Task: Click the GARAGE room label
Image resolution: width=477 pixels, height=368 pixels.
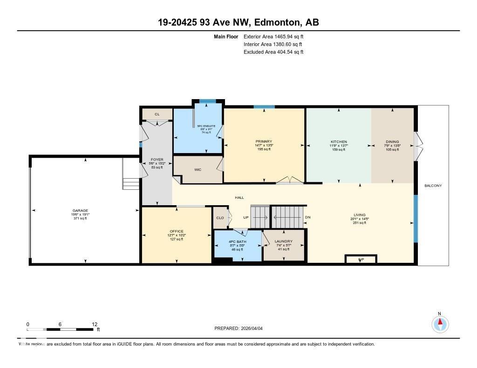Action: point(80,210)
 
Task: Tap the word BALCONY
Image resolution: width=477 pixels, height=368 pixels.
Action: point(433,186)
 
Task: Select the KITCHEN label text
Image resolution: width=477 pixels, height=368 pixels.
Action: point(339,141)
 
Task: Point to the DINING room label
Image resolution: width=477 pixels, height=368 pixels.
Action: point(392,141)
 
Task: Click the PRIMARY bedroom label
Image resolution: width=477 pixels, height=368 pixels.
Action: point(263,141)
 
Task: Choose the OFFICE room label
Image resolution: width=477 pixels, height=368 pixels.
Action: point(177,231)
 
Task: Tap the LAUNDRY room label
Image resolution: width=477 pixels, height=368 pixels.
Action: point(283,241)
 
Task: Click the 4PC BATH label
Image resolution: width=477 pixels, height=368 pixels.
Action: point(238,241)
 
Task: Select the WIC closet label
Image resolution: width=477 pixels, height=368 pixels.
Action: point(198,170)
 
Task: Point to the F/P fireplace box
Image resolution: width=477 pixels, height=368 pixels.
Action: point(361,259)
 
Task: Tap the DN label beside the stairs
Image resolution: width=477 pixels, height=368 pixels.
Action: point(307,217)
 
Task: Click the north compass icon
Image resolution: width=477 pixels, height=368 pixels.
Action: point(440,323)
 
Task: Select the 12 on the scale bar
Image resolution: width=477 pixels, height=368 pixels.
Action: point(95,324)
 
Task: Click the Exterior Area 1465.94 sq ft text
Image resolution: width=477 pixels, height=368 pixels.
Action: point(273,36)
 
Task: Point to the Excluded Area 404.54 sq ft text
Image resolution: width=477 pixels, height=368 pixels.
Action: point(273,52)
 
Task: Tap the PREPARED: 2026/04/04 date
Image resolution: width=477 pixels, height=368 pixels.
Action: point(238,328)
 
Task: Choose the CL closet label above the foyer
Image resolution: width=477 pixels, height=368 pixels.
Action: point(157,114)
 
